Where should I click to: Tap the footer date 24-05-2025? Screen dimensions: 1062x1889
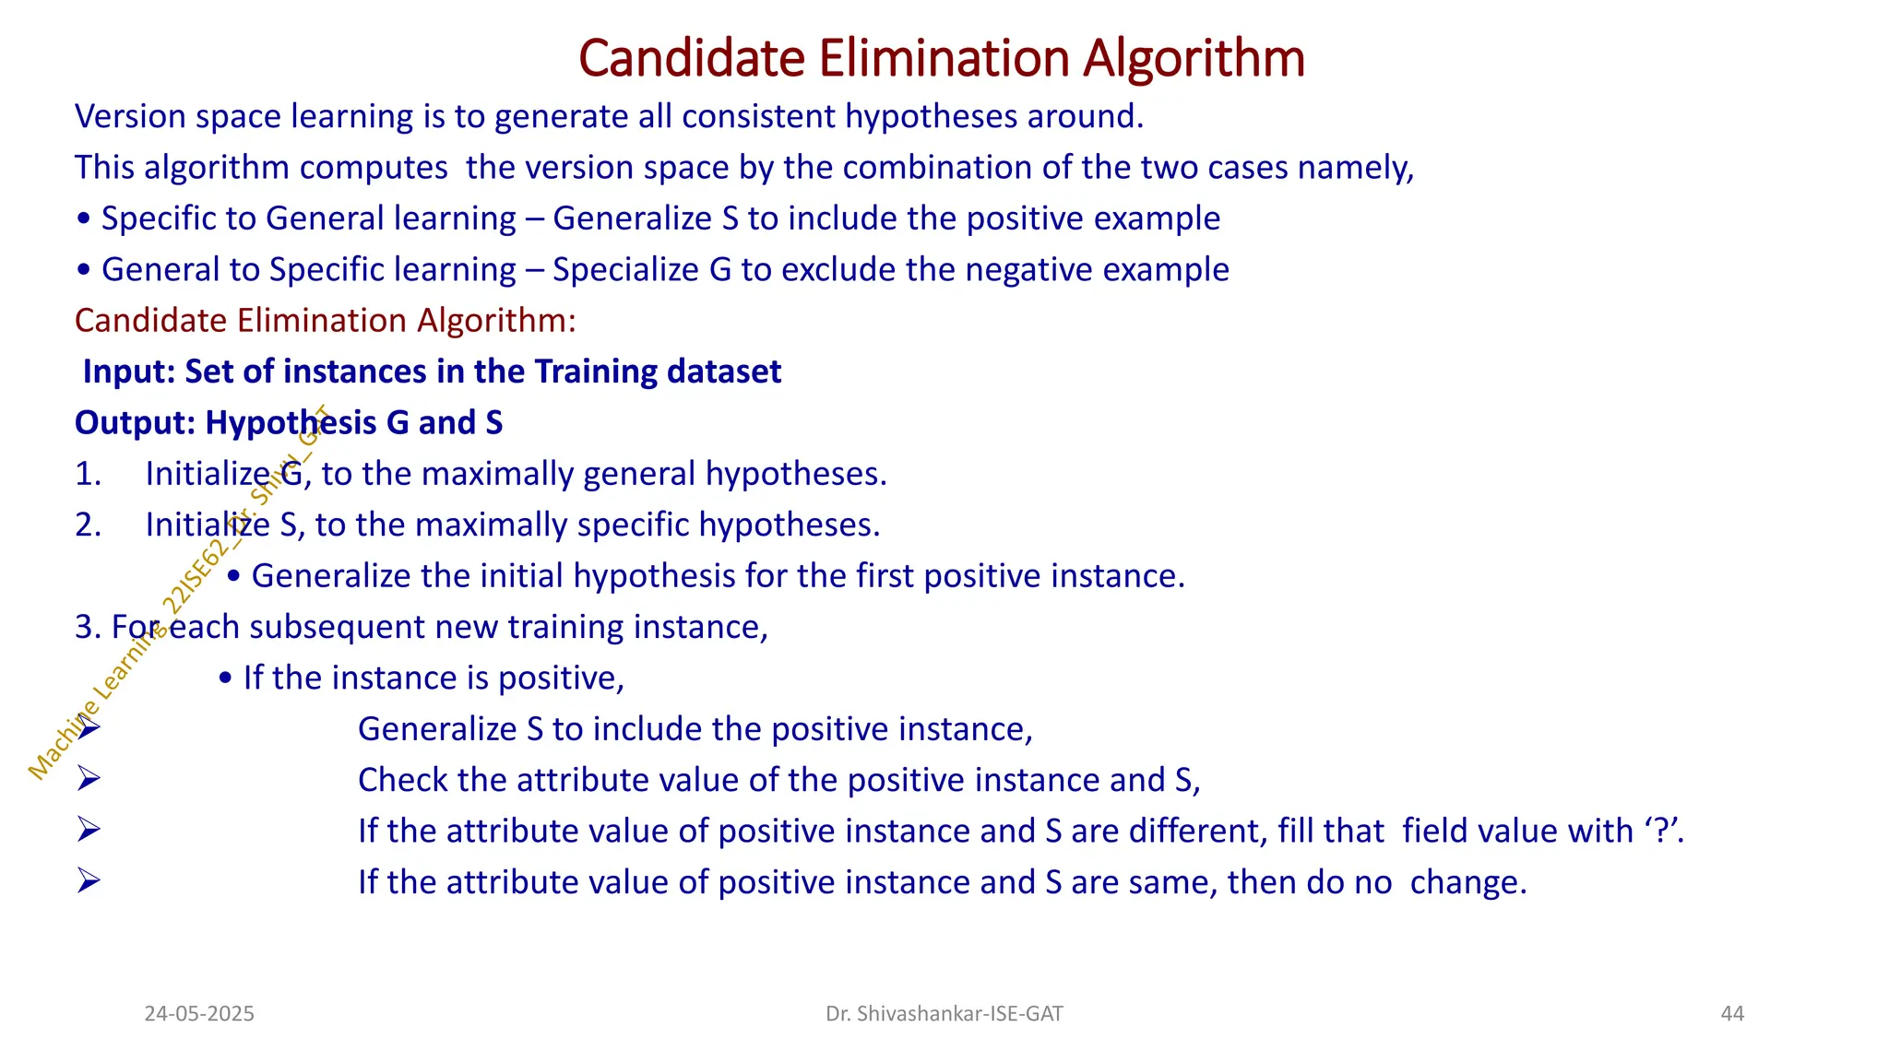pyautogui.click(x=199, y=1014)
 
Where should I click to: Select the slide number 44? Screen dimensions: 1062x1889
pyautogui.click(x=1732, y=1014)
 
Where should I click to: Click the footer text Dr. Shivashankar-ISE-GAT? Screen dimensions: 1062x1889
pyautogui.click(x=944, y=1014)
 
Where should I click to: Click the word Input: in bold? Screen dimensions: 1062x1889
pyautogui.click(x=129, y=372)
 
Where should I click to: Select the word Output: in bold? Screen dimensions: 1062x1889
pyautogui.click(x=135, y=423)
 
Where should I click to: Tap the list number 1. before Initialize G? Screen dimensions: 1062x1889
pyautogui.click(x=88, y=474)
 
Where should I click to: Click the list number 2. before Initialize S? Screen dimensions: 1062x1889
pyautogui.click(x=88, y=525)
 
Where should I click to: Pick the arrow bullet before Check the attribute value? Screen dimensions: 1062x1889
pyautogui.click(x=89, y=780)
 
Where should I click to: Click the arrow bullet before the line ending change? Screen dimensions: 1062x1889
pyautogui.click(x=89, y=882)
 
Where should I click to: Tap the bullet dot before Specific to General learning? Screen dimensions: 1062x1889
pyautogui.click(x=84, y=219)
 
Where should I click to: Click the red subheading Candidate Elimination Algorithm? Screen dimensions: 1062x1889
pyautogui.click(x=325, y=321)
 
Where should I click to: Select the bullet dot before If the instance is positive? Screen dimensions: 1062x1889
pyautogui.click(x=226, y=679)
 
